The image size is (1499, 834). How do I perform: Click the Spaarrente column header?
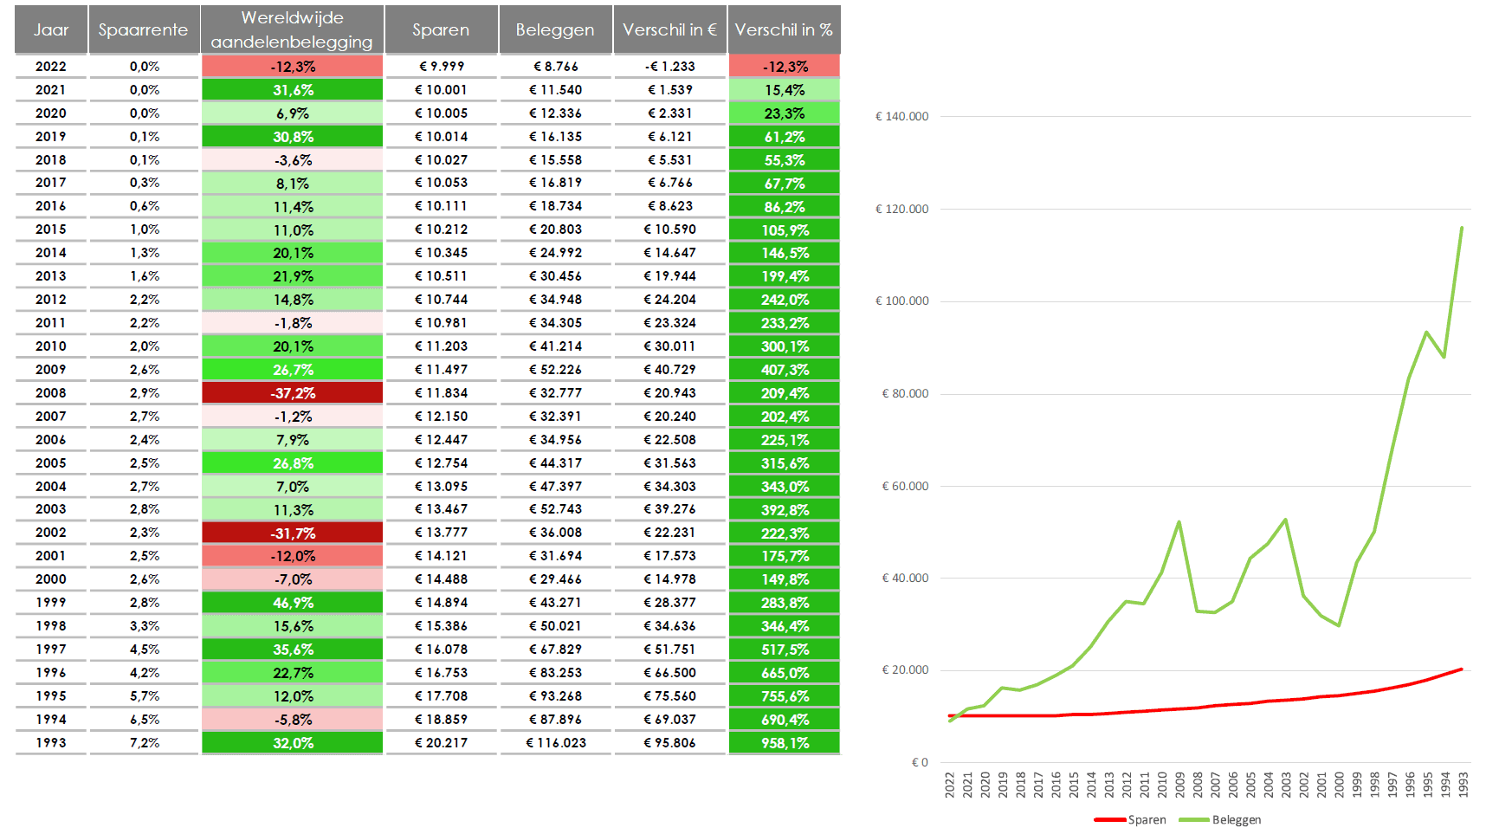pyautogui.click(x=143, y=29)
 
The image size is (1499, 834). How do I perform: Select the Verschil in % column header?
pyautogui.click(x=784, y=29)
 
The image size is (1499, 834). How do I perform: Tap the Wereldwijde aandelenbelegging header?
pyautogui.click(x=292, y=29)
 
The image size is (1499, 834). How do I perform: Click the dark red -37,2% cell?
pyautogui.click(x=293, y=393)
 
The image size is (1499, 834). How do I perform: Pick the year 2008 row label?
pyautogui.click(x=51, y=393)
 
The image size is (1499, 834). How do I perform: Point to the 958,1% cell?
pyautogui.click(x=785, y=743)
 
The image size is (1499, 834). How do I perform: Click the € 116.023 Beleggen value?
pyautogui.click(x=556, y=743)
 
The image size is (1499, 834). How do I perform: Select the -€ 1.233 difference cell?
pyautogui.click(x=669, y=67)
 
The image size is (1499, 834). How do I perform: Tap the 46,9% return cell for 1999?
pyautogui.click(x=293, y=603)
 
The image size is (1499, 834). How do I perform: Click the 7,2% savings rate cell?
pyautogui.click(x=145, y=743)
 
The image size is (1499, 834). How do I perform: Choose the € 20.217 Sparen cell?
pyautogui.click(x=441, y=743)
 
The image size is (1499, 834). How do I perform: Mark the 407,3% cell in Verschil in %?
pyautogui.click(x=785, y=370)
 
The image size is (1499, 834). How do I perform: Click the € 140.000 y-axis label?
pyautogui.click(x=901, y=116)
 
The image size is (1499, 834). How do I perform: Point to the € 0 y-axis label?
pyautogui.click(x=920, y=763)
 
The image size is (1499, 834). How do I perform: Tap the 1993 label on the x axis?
pyautogui.click(x=1463, y=785)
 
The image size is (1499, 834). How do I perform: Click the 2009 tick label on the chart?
pyautogui.click(x=1179, y=785)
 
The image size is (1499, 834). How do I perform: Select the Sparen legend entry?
pyautogui.click(x=1131, y=820)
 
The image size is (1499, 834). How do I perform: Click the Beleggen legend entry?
pyautogui.click(x=1220, y=820)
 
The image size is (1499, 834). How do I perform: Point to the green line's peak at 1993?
pyautogui.click(x=1462, y=228)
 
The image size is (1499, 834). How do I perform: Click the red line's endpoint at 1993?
pyautogui.click(x=1462, y=669)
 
